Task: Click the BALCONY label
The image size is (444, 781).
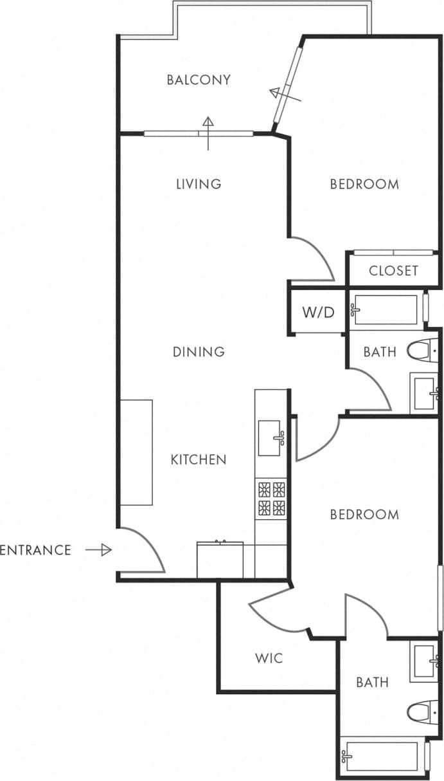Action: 198,80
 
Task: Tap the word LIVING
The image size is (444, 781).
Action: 199,184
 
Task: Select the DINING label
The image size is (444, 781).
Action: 199,352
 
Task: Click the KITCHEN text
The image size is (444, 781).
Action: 199,459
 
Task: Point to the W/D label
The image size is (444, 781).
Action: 319,313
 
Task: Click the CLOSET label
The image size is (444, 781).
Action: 393,271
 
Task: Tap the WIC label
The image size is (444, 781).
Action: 269,659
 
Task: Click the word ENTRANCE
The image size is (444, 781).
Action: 35,550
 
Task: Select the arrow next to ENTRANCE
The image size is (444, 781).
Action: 98,550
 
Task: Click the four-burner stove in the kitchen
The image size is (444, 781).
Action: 271,499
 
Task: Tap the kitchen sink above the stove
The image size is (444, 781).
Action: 271,438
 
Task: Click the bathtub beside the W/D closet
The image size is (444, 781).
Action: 386,309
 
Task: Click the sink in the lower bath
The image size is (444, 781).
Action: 425,662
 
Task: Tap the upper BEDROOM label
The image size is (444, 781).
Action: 364,184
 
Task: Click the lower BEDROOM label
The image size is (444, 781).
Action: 364,515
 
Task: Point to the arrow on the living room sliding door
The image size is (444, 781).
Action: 208,125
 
